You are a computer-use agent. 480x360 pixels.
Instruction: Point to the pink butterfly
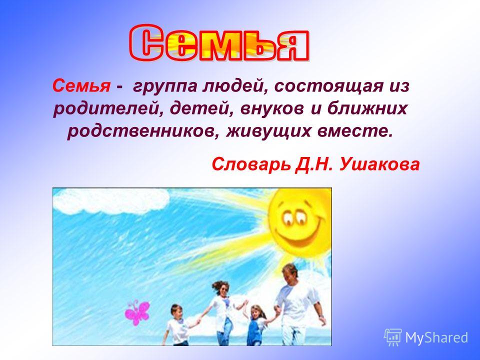(x=137, y=312)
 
